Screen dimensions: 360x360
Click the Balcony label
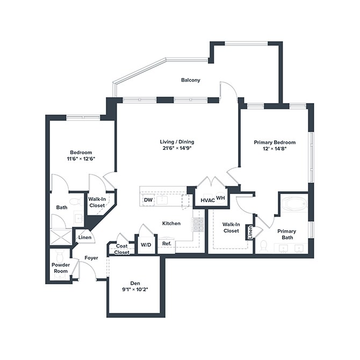click(190, 80)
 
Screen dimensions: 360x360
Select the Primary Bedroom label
click(273, 142)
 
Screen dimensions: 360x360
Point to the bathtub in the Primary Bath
click(293, 205)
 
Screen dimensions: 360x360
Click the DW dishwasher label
click(148, 200)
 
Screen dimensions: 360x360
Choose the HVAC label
click(207, 200)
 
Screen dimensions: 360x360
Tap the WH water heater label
click(220, 198)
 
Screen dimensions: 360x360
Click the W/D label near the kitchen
click(146, 244)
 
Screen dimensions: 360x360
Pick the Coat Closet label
click(122, 249)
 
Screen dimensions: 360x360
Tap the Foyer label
click(91, 258)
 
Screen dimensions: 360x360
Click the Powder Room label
click(60, 268)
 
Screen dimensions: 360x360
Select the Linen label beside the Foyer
click(84, 237)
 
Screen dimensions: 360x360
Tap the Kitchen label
click(171, 223)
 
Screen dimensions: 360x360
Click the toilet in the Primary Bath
click(264, 246)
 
